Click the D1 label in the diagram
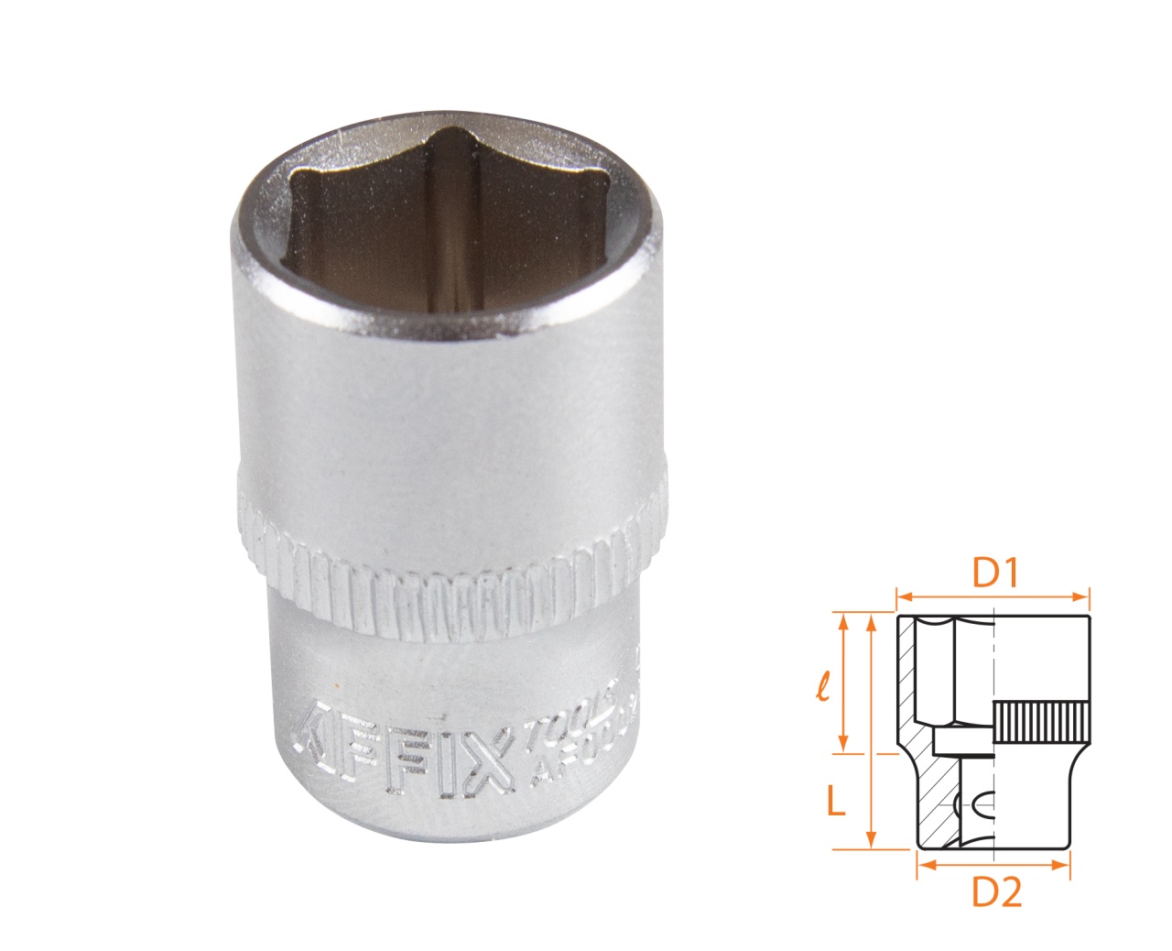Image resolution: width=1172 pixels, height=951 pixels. click(995, 574)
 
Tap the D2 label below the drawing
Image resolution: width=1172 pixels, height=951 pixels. click(995, 892)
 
